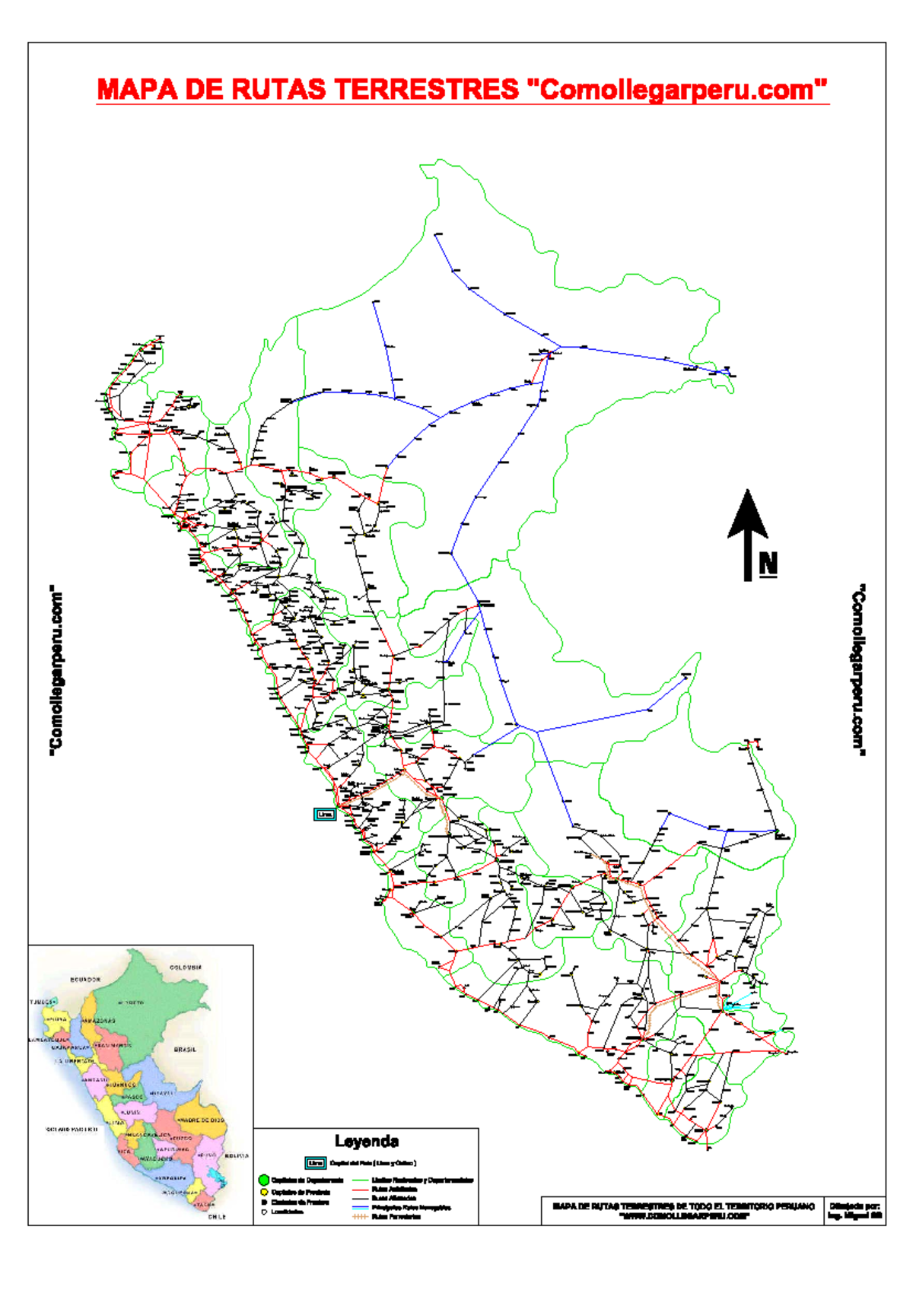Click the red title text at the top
click(x=462, y=90)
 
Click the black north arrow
click(x=748, y=532)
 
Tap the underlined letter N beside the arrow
click(x=768, y=564)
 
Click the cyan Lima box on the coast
click(x=325, y=814)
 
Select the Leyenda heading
click(x=367, y=1141)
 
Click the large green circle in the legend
click(x=264, y=1180)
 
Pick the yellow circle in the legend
click(x=264, y=1192)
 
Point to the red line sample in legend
click(x=361, y=1189)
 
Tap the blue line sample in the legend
click(x=361, y=1207)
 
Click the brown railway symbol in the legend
click(x=361, y=1216)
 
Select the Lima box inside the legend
click(x=316, y=1163)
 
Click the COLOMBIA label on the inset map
click(x=186, y=967)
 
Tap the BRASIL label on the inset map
click(x=185, y=1049)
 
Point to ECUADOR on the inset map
click(x=85, y=980)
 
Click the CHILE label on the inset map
click(x=218, y=1216)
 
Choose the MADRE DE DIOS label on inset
click(x=201, y=1120)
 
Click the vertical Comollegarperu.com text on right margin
click(x=858, y=670)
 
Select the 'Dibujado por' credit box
click(x=854, y=1210)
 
